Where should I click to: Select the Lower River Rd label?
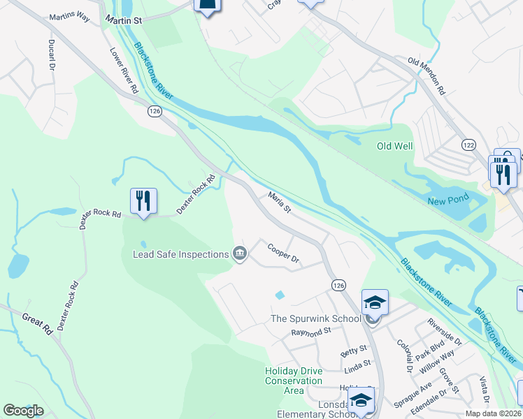click(124, 71)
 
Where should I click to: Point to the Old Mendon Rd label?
click(427, 75)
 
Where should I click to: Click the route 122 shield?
click(468, 144)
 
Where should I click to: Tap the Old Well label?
click(395, 146)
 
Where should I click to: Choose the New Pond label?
click(447, 201)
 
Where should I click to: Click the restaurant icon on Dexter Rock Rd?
click(143, 201)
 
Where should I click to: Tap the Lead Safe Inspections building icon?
click(240, 253)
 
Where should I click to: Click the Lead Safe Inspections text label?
click(182, 254)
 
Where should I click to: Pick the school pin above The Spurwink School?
click(375, 302)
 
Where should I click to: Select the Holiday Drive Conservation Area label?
click(294, 381)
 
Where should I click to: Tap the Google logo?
click(23, 411)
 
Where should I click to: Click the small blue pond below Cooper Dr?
click(280, 295)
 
